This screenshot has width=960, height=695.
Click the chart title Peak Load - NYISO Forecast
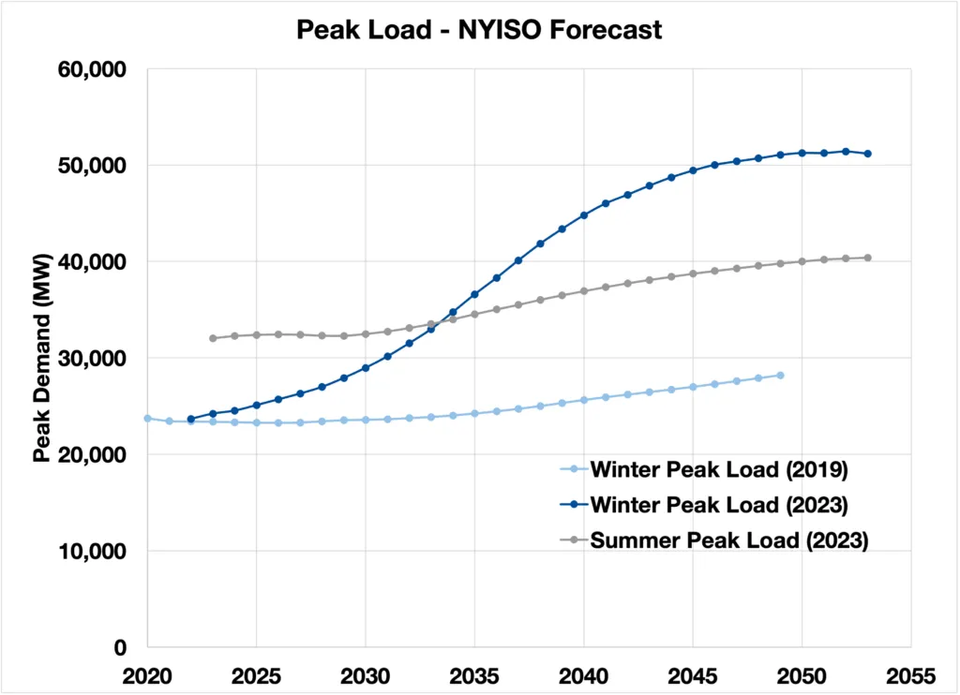point(479,30)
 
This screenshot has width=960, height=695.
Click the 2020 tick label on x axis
point(146,674)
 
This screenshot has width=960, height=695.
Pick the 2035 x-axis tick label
point(474,674)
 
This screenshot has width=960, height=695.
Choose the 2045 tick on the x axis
point(693,674)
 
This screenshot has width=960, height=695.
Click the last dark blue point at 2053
point(868,154)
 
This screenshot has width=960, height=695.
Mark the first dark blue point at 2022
point(190,419)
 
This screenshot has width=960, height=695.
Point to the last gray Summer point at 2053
point(868,258)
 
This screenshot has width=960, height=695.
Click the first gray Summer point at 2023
point(213,338)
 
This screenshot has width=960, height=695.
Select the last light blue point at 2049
point(780,376)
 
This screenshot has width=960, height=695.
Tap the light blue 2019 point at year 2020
point(147,418)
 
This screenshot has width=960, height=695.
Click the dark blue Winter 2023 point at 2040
point(584,214)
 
